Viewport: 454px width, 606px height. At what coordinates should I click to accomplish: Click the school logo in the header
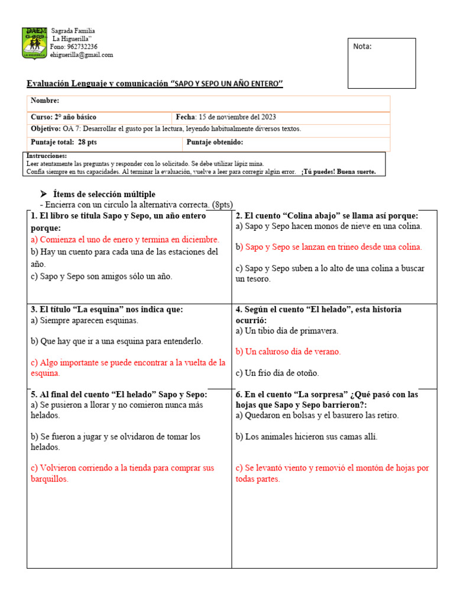coord(35,43)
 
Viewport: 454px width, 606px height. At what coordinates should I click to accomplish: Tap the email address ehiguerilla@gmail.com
coord(82,55)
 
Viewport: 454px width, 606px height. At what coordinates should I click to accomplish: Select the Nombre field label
coord(45,101)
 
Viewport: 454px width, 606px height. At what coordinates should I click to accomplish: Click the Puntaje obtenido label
coord(215,142)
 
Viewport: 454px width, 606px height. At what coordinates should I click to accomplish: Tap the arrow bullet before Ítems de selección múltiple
coord(43,194)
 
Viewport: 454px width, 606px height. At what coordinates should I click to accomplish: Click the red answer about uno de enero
coord(125,240)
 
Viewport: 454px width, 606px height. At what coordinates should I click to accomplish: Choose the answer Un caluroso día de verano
coord(288,352)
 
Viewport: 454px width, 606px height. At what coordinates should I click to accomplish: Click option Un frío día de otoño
coord(277,373)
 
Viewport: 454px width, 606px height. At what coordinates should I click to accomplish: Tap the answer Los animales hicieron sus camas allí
coord(306,437)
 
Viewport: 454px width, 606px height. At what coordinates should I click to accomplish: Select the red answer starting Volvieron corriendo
coord(122,473)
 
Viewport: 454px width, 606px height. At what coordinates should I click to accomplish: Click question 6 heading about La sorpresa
coord(326,399)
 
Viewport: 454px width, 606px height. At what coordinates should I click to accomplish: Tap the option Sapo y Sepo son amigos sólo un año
coord(101,276)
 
